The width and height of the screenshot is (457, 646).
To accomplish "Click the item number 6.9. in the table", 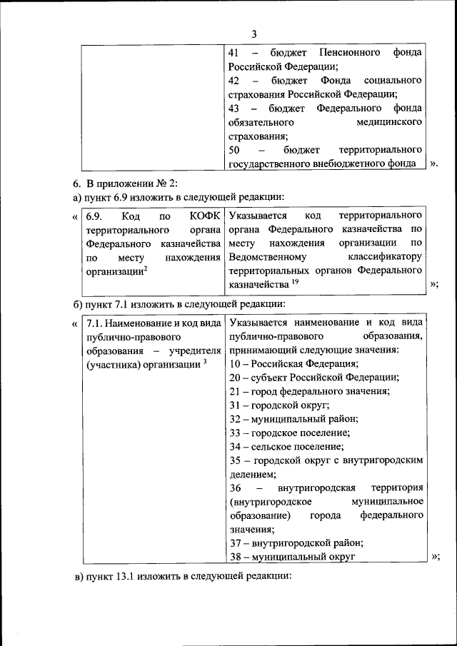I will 96,216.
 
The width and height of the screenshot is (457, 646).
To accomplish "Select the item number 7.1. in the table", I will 95,323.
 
